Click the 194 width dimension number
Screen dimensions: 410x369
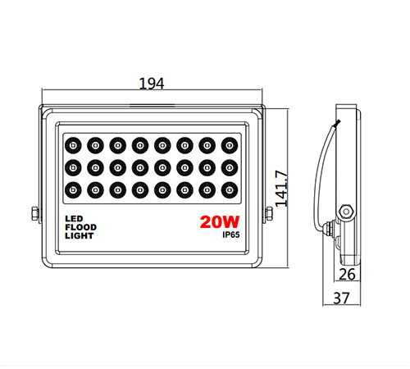click(152, 84)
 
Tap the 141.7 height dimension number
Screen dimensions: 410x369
click(281, 189)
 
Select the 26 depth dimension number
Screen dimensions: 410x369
click(347, 274)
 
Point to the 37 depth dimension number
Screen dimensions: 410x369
click(341, 298)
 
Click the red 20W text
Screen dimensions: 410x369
click(220, 221)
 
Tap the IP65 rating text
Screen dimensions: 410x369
click(231, 235)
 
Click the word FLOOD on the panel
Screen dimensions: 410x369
click(81, 227)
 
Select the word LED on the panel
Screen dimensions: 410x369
click(74, 219)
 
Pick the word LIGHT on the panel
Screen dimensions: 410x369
click(80, 235)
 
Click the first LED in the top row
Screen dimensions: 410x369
click(73, 145)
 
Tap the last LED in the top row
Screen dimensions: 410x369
click(230, 145)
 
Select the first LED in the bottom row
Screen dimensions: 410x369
click(73, 189)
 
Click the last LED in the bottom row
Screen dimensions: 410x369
click(230, 189)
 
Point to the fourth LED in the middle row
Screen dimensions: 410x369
click(140, 167)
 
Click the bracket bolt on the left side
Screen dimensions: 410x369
click(35, 213)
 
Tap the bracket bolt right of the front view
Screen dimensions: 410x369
click(269, 213)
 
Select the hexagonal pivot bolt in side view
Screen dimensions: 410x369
click(346, 212)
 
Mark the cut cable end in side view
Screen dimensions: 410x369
click(338, 123)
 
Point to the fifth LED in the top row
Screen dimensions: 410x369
click(162, 145)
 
